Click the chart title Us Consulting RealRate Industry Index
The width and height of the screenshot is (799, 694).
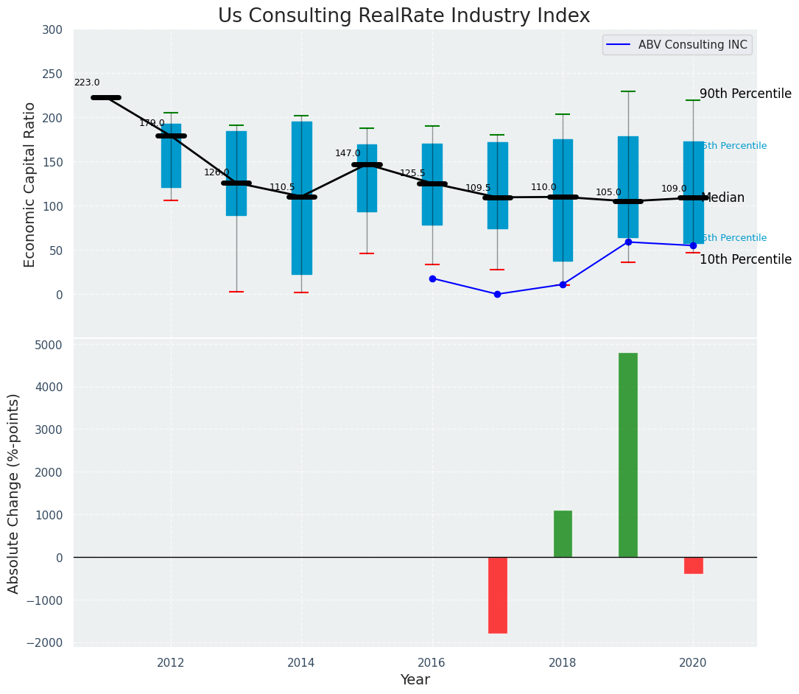[404, 16]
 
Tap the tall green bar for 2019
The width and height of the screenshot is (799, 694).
[627, 455]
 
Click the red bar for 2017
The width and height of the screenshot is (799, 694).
[497, 595]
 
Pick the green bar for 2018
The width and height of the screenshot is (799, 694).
[563, 533]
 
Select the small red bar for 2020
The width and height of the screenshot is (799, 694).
[693, 565]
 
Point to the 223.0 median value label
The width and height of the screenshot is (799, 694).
[87, 83]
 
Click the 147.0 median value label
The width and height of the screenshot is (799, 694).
[348, 153]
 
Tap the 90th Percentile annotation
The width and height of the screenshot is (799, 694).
[745, 94]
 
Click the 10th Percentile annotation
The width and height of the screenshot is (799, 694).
[745, 259]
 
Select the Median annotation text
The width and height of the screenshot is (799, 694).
[722, 198]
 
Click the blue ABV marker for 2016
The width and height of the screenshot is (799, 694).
[432, 278]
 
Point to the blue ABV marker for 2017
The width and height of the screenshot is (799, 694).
[497, 294]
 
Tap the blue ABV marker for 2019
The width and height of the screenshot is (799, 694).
[628, 242]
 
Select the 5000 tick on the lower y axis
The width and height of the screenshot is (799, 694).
[49, 345]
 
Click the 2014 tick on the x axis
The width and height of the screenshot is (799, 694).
[301, 662]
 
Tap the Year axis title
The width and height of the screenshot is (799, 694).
[415, 680]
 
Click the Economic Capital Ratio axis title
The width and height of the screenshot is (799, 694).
[30, 184]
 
